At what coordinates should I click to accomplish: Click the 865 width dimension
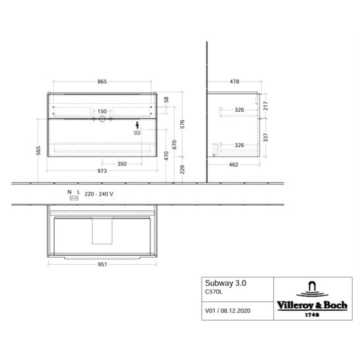(x=102, y=81)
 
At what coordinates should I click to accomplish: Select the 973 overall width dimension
(x=102, y=171)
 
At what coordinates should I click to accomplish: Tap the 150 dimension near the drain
(x=102, y=112)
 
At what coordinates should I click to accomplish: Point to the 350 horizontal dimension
(x=122, y=164)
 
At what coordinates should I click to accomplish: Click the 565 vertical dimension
(x=38, y=150)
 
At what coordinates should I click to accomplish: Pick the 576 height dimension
(x=182, y=124)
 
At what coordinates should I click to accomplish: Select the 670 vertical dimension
(x=174, y=145)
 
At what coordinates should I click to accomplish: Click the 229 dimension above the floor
(x=182, y=169)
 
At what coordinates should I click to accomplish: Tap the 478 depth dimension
(x=235, y=81)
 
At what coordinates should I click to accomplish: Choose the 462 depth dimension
(x=233, y=165)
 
